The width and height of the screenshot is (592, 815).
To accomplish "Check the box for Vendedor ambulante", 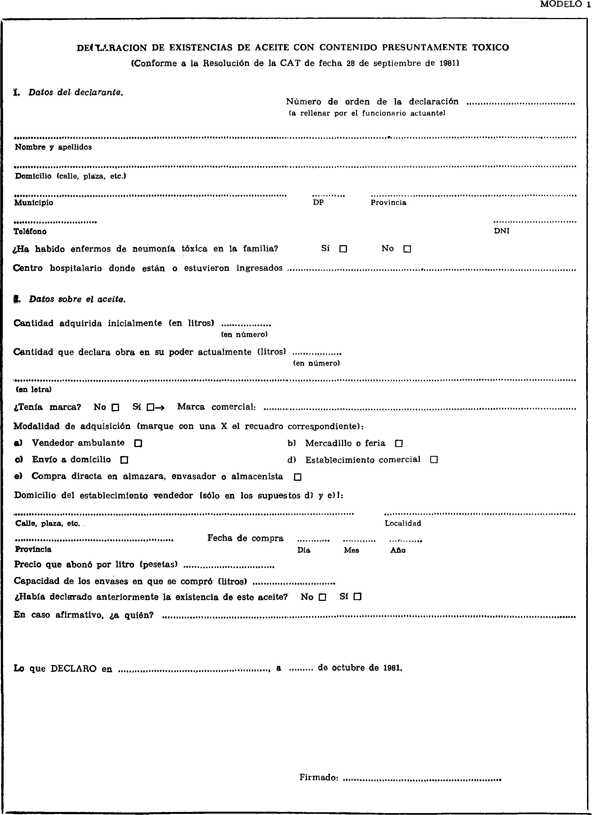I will (x=138, y=443).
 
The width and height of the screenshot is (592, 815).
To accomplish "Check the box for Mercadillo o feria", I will (x=398, y=443).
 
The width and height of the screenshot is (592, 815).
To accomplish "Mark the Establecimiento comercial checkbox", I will (x=434, y=460).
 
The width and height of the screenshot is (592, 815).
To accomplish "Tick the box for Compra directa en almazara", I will (x=297, y=477).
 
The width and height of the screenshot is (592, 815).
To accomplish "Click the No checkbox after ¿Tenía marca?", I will (x=115, y=407).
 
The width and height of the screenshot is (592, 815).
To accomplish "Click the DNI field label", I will (x=502, y=231).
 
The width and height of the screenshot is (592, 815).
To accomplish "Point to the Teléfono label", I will (x=30, y=232).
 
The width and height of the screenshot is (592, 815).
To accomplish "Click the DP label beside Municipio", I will (x=318, y=203).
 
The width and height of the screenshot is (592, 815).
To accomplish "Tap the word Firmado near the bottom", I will (x=318, y=777).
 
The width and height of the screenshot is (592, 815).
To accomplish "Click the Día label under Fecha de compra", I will (x=304, y=550).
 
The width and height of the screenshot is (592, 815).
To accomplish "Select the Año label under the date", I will (x=398, y=550).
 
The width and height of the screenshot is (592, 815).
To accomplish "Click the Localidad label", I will (x=403, y=524).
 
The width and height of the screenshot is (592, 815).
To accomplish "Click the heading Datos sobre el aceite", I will (x=77, y=299).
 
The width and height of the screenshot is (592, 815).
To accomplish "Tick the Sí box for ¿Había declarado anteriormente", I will (x=357, y=597).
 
